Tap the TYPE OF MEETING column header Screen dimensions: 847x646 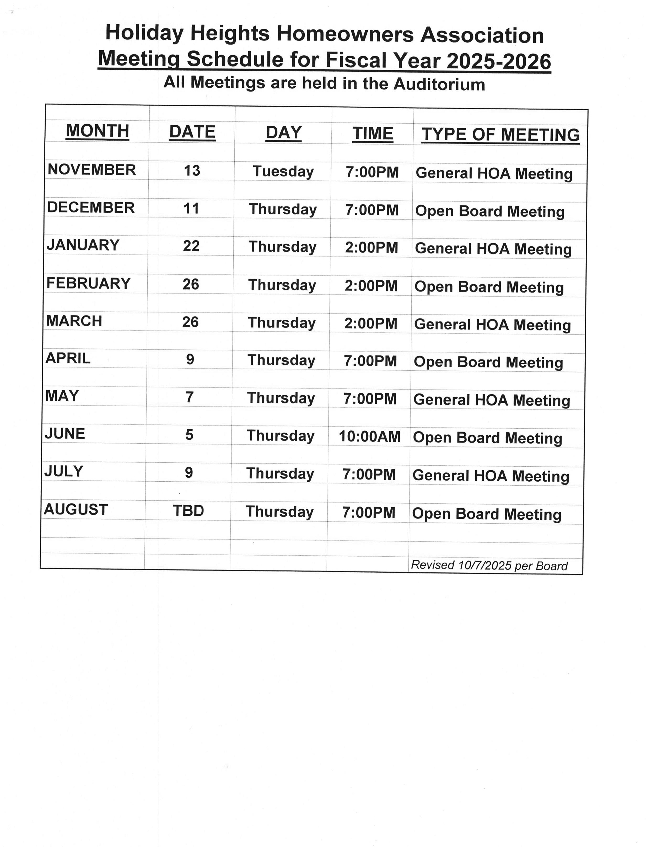pos(500,135)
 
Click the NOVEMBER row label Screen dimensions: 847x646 pos(91,170)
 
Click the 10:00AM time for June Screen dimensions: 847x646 pos(369,436)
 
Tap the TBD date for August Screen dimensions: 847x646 pos(189,511)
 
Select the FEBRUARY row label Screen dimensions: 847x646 pos(88,284)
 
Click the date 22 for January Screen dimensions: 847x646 pos(191,246)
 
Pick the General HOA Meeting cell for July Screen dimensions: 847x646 pos(491,476)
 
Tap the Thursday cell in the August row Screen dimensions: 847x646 pos(279,512)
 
